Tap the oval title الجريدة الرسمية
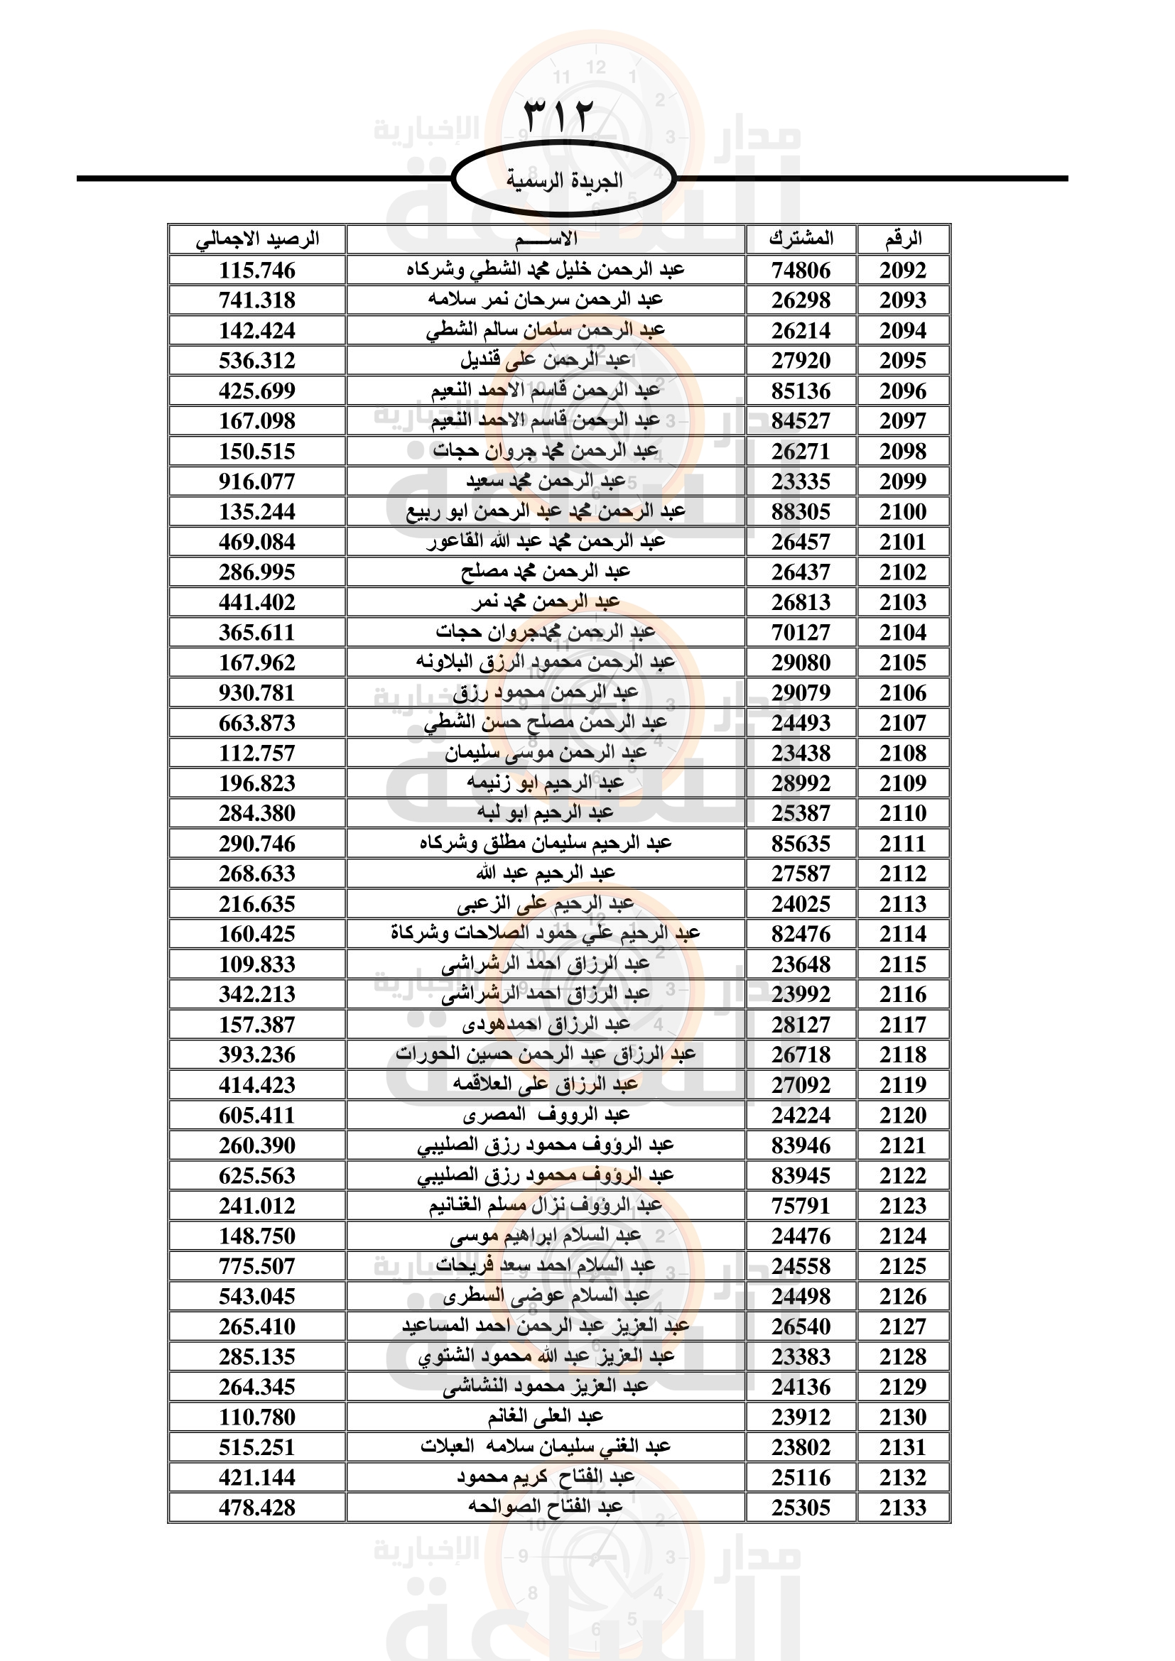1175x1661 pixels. click(x=563, y=180)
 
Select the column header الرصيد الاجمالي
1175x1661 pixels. click(x=257, y=239)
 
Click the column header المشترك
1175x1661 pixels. click(x=800, y=239)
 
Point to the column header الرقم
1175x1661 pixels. click(x=903, y=239)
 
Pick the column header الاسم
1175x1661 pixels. click(x=546, y=239)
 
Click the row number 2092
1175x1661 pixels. click(x=903, y=271)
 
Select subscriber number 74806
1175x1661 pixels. click(x=800, y=271)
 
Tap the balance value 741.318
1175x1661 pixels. click(x=257, y=300)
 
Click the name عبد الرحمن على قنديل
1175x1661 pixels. click(x=546, y=360)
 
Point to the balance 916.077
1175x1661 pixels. click(x=257, y=481)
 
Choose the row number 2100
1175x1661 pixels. click(x=903, y=511)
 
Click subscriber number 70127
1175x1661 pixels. click(x=800, y=632)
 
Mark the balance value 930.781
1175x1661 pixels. click(x=257, y=692)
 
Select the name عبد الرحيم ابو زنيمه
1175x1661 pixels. click(x=546, y=783)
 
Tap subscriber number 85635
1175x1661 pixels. click(x=800, y=844)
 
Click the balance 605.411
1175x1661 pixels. click(x=257, y=1115)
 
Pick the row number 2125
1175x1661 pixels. click(x=903, y=1266)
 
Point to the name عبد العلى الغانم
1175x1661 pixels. click(x=546, y=1417)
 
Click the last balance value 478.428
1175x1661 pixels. click(x=257, y=1508)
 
